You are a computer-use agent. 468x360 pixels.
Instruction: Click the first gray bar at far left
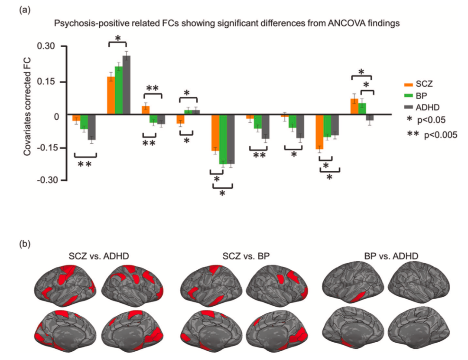(x=92, y=128)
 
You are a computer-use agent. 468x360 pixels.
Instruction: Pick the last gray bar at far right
(x=370, y=118)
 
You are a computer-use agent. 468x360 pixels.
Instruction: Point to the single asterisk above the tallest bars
(x=117, y=38)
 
